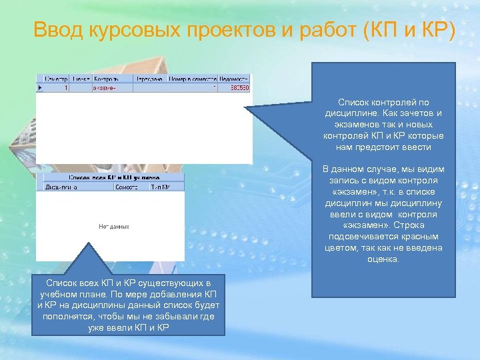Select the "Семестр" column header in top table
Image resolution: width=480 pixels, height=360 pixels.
click(x=53, y=79)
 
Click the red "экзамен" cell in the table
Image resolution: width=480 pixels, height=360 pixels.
click(x=104, y=87)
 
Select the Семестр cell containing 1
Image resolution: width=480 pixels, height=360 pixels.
click(x=65, y=87)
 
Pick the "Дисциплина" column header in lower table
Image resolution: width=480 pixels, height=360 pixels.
click(x=61, y=187)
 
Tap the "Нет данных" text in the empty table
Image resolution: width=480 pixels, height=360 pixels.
click(x=114, y=227)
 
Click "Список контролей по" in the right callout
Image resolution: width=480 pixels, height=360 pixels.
click(x=383, y=103)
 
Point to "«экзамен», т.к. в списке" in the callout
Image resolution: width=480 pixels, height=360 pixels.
click(x=383, y=191)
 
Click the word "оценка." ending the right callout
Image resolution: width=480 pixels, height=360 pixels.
click(x=383, y=259)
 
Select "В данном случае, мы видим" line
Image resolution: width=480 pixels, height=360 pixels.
click(x=383, y=169)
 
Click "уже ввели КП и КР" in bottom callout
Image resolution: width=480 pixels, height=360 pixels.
click(x=131, y=328)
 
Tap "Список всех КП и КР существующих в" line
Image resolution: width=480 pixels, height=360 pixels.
click(x=131, y=283)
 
